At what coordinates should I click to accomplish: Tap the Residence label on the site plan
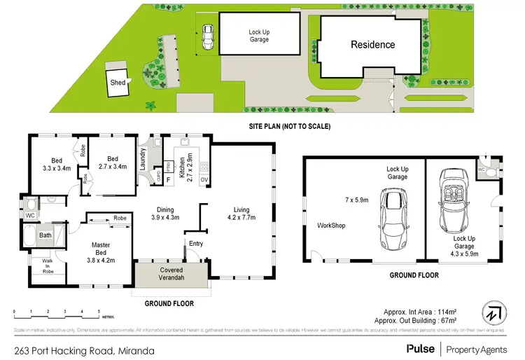[x=372, y=45]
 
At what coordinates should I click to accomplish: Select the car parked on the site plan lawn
[x=207, y=38]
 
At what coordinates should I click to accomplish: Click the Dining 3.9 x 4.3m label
[x=167, y=213]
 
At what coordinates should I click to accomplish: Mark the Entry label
[x=195, y=243]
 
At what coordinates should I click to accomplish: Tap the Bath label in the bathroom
[x=45, y=236]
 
